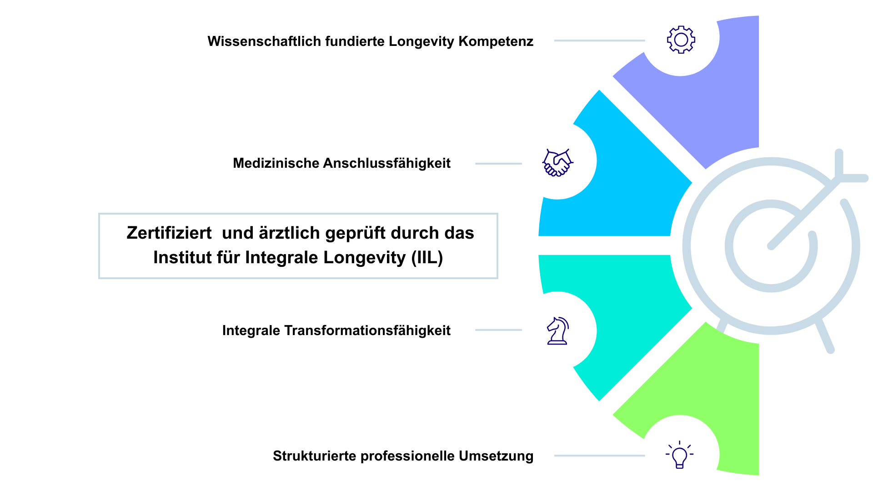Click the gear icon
tap(681, 40)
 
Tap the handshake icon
tap(557, 162)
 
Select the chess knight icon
tap(557, 331)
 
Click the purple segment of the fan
tap(709, 100)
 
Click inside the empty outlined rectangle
tap(298, 246)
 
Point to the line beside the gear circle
tap(599, 41)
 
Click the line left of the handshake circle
tap(498, 164)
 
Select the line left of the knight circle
tap(498, 330)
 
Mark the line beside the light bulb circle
tap(599, 456)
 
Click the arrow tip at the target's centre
tap(771, 246)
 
